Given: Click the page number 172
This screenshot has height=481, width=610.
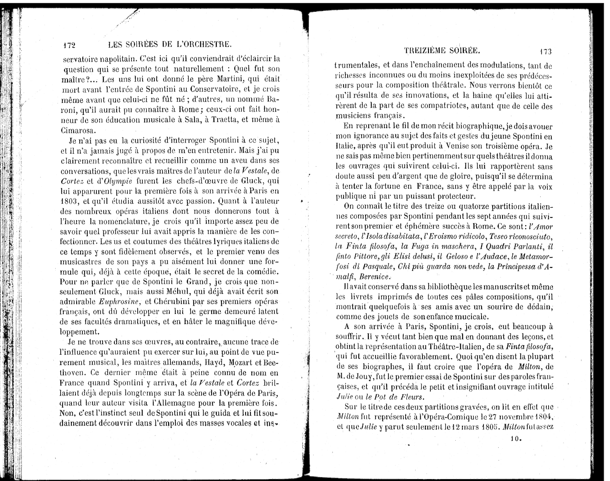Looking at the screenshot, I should point(70,45).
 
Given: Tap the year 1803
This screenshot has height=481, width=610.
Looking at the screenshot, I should point(69,201).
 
